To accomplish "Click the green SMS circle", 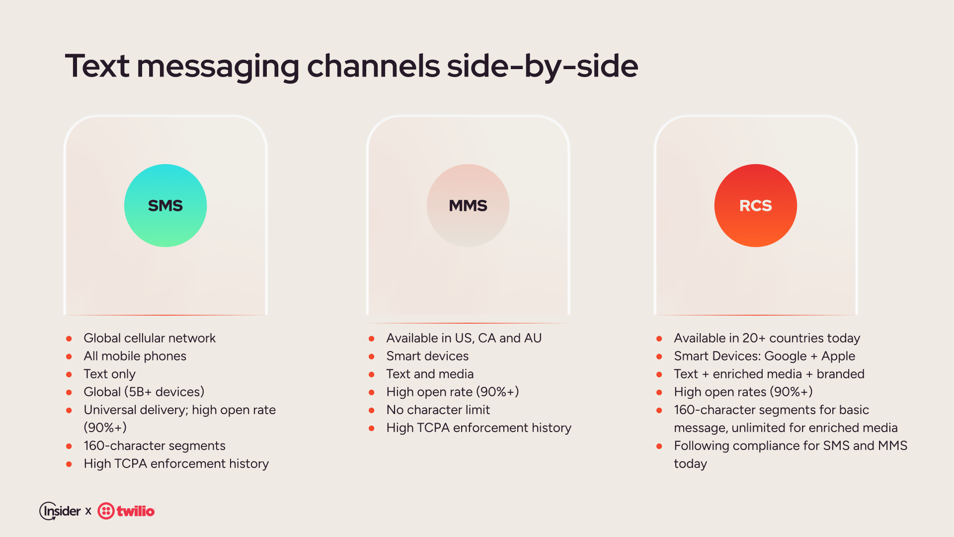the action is (x=165, y=205).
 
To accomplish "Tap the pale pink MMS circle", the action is (x=468, y=205).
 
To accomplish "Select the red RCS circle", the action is (x=756, y=205).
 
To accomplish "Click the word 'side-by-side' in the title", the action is (x=543, y=66).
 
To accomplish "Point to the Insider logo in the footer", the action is (x=60, y=511).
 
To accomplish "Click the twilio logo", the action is (x=126, y=511).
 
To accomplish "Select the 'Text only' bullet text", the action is (x=110, y=374).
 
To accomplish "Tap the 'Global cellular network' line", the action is (x=150, y=338).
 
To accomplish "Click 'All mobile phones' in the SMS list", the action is (x=135, y=356).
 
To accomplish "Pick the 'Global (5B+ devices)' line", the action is (x=144, y=392).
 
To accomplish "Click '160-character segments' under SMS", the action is (x=155, y=446).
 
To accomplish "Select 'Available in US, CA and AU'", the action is (x=464, y=338).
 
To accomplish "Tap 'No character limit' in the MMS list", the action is (x=438, y=410).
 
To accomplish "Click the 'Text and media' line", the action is (x=430, y=374).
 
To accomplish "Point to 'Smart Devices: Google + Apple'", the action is (x=765, y=356).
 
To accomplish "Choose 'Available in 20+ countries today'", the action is (x=767, y=338).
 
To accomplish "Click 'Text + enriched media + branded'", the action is (x=769, y=374).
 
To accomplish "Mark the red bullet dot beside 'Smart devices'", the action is (x=372, y=357).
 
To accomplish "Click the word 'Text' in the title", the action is (x=97, y=66).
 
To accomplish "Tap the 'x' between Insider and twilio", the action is (x=88, y=511).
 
